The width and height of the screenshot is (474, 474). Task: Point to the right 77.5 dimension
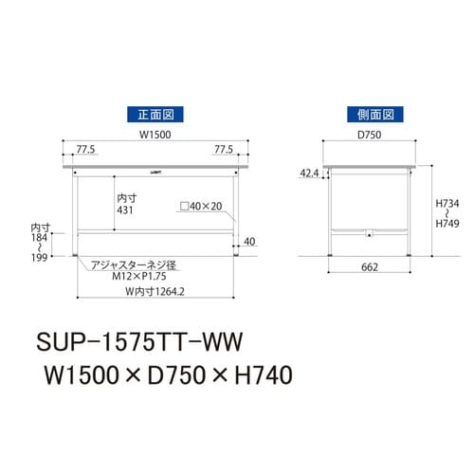click(x=224, y=150)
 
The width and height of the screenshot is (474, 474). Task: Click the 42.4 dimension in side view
click(x=309, y=173)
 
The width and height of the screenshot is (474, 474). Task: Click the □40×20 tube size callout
click(x=199, y=206)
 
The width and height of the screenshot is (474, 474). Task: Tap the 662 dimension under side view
click(x=369, y=268)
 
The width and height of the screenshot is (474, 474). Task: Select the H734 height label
click(x=448, y=203)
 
